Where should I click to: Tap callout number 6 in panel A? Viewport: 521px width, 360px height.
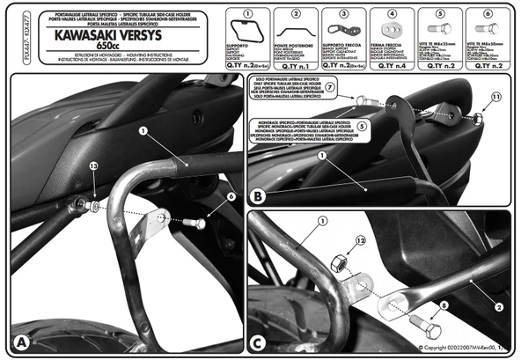pos(231,197)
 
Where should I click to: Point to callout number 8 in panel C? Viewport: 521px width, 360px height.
pos(442,305)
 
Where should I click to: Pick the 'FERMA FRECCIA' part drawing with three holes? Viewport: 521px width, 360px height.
pos(389,28)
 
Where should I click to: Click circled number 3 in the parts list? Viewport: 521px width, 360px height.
pos(341,13)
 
